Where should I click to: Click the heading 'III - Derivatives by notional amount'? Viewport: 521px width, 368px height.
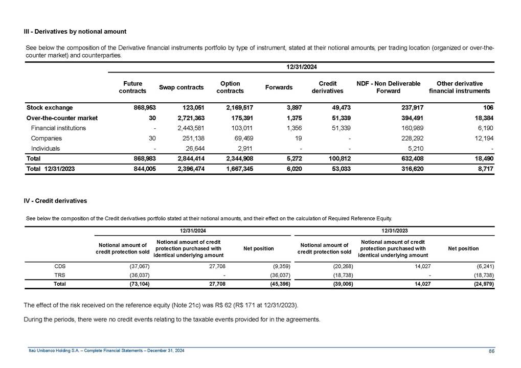click(x=75, y=32)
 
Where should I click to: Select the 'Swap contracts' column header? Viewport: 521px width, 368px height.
click(x=182, y=87)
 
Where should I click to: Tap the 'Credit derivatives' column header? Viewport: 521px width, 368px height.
click(x=327, y=87)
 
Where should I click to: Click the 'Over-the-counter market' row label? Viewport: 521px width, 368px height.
click(x=62, y=118)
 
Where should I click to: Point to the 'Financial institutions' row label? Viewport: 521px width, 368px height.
click(x=59, y=128)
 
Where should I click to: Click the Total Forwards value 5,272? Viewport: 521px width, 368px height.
click(x=292, y=159)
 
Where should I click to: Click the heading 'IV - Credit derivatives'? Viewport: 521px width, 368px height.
click(x=56, y=201)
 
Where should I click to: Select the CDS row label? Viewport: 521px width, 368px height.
click(x=60, y=266)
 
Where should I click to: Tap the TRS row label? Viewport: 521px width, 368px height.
click(x=60, y=274)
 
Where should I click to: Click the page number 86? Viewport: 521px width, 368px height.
click(x=491, y=350)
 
